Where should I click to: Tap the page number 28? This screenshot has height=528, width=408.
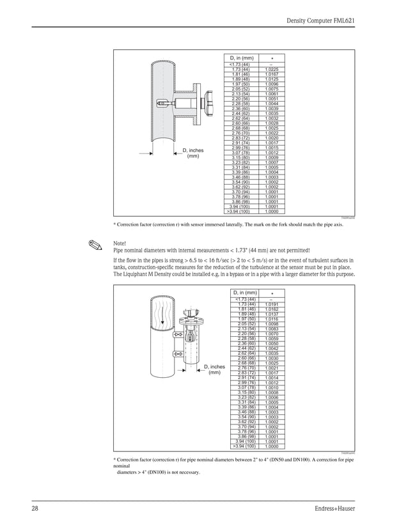(x=35, y=509)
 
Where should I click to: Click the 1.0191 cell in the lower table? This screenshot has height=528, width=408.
(x=271, y=304)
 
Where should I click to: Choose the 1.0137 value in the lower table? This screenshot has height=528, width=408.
(x=271, y=314)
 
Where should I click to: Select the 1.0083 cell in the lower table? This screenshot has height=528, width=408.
(x=271, y=329)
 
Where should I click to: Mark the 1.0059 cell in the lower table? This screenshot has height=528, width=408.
(x=271, y=339)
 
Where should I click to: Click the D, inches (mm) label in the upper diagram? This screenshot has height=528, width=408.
(x=192, y=153)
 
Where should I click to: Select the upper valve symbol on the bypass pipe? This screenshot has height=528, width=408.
(x=177, y=335)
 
